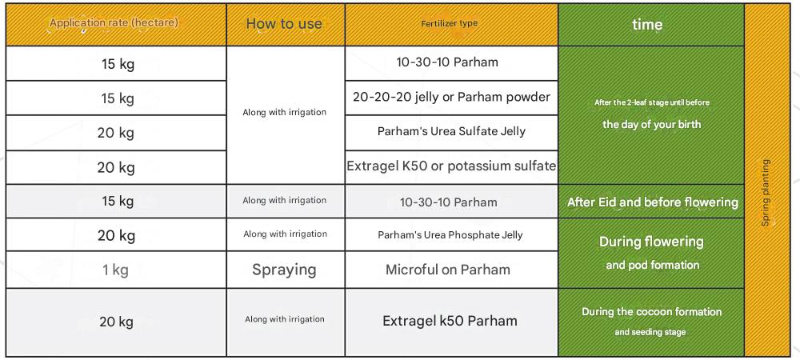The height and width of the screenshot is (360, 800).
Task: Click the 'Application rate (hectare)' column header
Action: pos(114,23)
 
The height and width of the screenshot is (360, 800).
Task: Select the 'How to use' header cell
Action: pos(284,23)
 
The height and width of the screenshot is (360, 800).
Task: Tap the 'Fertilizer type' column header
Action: pos(450,23)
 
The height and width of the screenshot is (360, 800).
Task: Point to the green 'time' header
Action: pos(647,25)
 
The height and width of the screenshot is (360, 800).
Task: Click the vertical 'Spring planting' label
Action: pos(766,193)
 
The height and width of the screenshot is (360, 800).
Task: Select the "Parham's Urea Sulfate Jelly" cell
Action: pos(451,131)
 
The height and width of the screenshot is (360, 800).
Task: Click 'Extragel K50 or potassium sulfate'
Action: pos(451,166)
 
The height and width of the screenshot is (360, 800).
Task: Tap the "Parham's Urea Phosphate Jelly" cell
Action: pos(450,235)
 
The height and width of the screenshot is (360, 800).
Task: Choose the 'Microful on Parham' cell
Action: pos(448,270)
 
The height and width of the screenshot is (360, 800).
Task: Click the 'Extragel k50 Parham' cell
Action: pos(450,321)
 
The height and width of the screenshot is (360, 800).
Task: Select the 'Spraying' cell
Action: pos(284,270)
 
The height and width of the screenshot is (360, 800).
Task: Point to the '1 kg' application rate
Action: pos(115,270)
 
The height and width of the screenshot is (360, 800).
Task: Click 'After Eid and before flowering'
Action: pos(653,202)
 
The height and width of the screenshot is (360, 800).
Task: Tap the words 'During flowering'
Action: pos(651,241)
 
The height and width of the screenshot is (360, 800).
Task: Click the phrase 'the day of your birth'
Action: pos(651,125)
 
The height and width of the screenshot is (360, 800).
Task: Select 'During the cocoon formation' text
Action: pos(651,311)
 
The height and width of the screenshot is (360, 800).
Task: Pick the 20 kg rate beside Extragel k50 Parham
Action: pos(116,322)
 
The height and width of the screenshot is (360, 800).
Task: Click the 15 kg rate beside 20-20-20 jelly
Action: pos(118,98)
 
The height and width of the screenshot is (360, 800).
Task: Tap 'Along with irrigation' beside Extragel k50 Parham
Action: pos(285,319)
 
